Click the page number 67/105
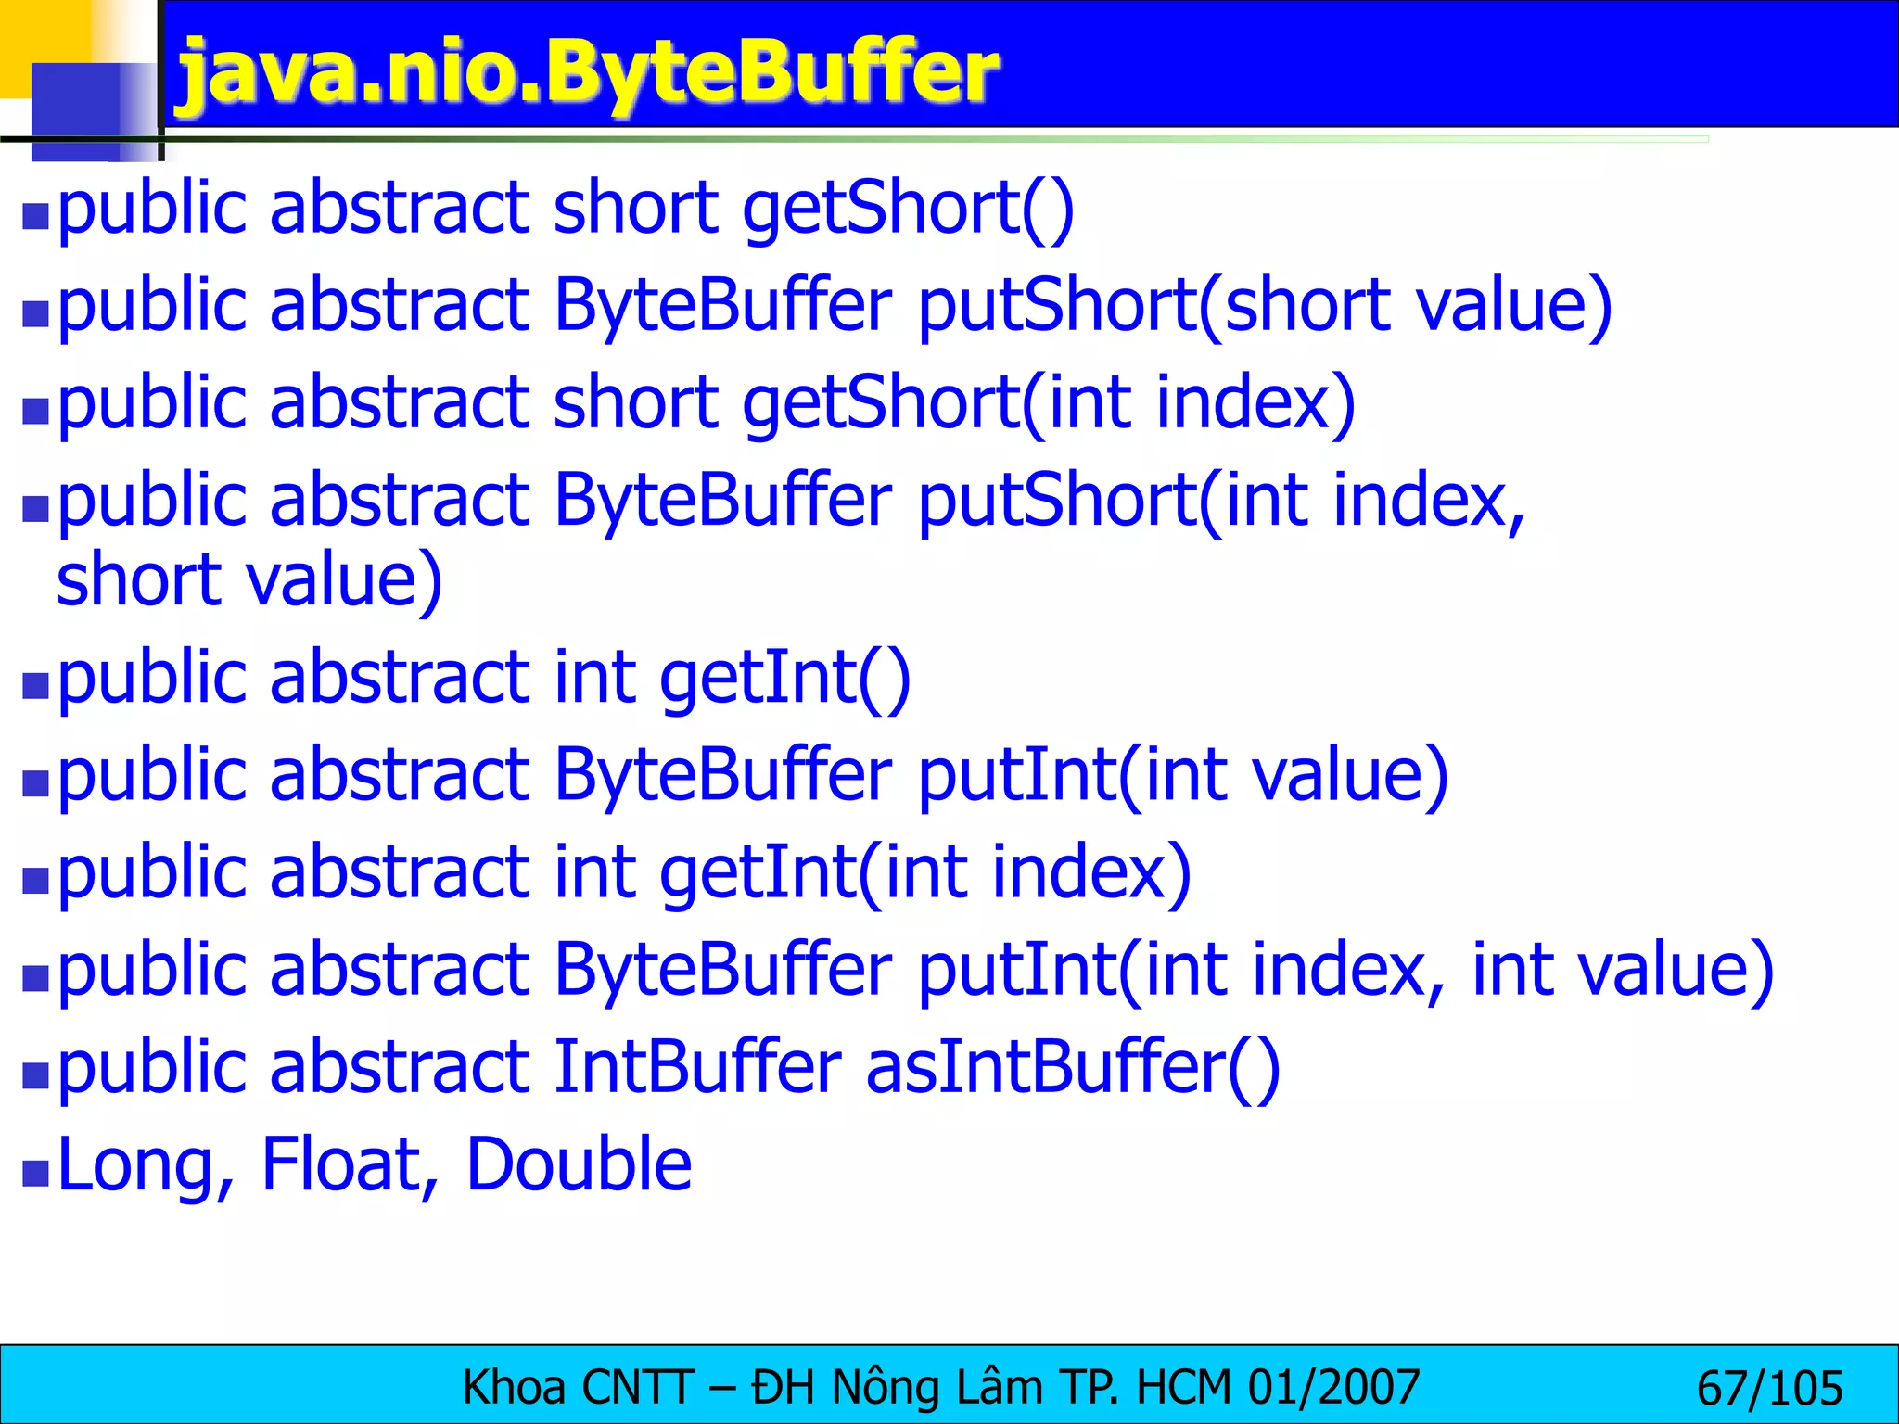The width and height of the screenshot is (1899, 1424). [1769, 1389]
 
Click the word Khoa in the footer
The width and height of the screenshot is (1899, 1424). [514, 1388]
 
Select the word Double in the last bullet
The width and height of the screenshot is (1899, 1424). [579, 1164]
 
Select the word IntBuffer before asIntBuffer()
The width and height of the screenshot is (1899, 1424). [697, 1067]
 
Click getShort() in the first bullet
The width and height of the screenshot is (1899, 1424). [908, 208]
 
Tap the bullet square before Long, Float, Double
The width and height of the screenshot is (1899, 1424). [35, 1173]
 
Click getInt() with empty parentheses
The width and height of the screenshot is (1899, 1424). [785, 677]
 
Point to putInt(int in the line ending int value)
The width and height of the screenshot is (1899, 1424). [1079, 970]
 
